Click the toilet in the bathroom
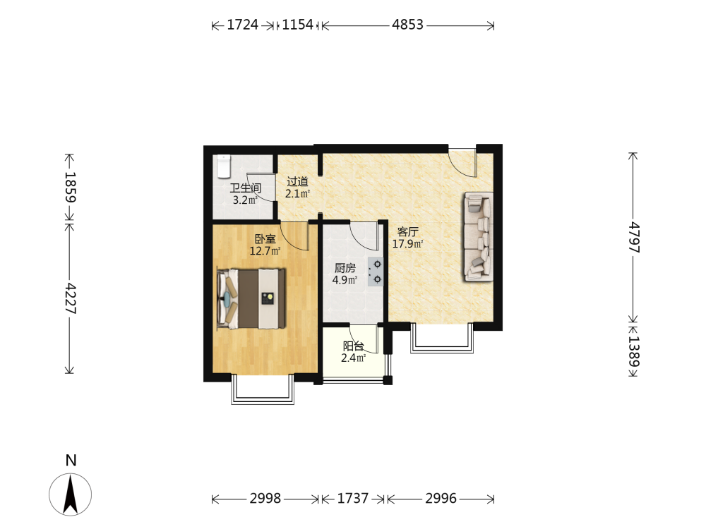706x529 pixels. click(224, 166)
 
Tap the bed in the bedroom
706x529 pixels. click(251, 298)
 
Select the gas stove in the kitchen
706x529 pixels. click(376, 272)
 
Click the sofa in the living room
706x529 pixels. click(479, 237)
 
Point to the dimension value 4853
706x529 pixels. click(407, 25)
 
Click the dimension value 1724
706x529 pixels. click(242, 25)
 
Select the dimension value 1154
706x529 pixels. click(298, 25)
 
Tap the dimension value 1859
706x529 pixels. click(70, 187)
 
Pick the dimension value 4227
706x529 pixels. click(70, 298)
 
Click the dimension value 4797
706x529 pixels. click(633, 236)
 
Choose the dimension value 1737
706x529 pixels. click(352, 499)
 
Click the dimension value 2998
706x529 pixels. click(265, 499)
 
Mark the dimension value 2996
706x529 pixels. click(441, 499)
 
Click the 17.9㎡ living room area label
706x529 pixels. click(407, 244)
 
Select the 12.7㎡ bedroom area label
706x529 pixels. click(265, 251)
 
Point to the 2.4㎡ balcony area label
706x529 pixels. click(354, 358)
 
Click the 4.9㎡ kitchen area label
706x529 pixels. click(345, 280)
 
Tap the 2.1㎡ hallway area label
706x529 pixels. click(298, 194)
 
